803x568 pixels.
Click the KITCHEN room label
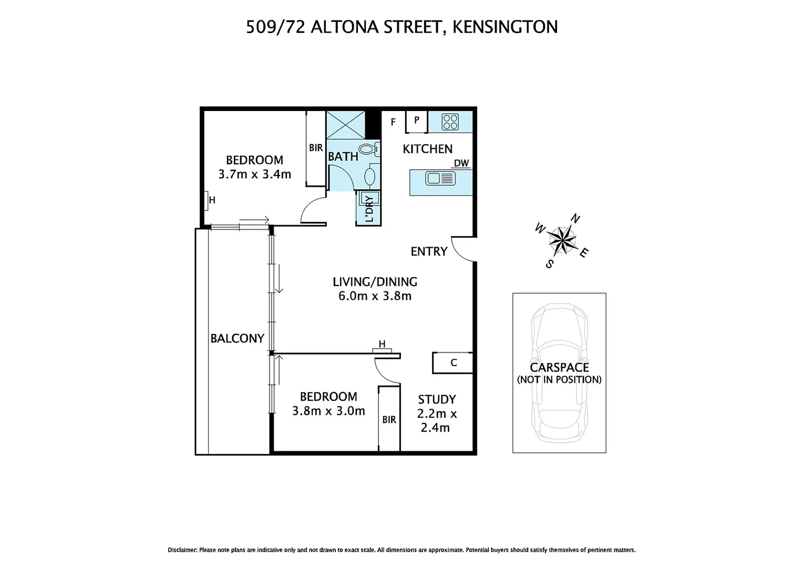(427, 149)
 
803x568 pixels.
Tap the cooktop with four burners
(450, 122)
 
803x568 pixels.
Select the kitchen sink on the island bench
(440, 179)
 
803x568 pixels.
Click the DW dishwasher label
(461, 163)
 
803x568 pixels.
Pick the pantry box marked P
(416, 120)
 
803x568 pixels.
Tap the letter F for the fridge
(393, 123)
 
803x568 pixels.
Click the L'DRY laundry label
(369, 208)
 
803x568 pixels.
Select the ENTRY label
(429, 251)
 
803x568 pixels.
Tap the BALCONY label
(237, 338)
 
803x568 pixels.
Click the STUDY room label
(437, 399)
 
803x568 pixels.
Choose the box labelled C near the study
(453, 363)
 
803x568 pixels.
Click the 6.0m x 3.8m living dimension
(375, 296)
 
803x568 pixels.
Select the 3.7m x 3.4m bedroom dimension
(254, 174)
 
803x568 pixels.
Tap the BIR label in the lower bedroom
(389, 420)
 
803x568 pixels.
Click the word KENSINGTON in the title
(505, 27)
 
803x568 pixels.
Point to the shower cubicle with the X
(345, 124)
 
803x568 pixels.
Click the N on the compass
(576, 218)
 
